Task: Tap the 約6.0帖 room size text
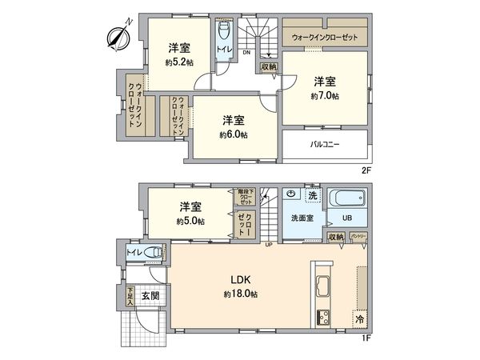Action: coord(234,134)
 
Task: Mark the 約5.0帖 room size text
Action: coord(190,221)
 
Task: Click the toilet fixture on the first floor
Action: coord(154,254)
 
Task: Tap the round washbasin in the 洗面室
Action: coord(292,194)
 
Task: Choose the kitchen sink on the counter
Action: coord(324,285)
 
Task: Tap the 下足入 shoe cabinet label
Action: coord(130,296)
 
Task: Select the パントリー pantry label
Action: coord(358,237)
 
